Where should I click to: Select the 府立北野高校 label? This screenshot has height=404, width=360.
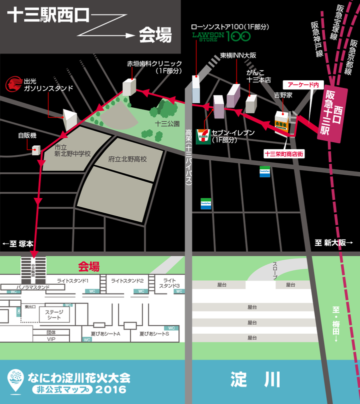pyautogui.click(x=127, y=159)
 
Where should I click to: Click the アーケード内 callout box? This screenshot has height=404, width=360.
pyautogui.click(x=302, y=85)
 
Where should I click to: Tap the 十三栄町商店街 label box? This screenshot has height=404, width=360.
pyautogui.click(x=284, y=154)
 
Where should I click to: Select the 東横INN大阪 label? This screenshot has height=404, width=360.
pyautogui.click(x=238, y=55)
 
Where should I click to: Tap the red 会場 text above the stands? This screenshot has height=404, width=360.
pyautogui.click(x=89, y=266)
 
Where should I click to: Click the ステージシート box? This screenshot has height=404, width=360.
pyautogui.click(x=54, y=315)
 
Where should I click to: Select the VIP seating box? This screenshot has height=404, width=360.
pyautogui.click(x=51, y=339)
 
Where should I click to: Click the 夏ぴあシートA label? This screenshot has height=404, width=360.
pyautogui.click(x=106, y=333)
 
